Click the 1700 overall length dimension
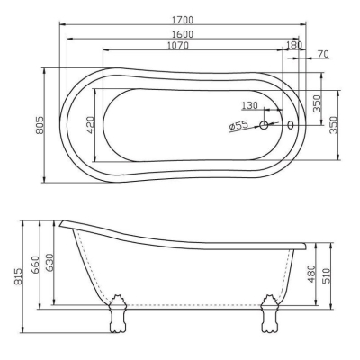(183, 20)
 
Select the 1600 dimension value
(183, 34)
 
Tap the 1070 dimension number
(178, 46)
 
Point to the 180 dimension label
(294, 45)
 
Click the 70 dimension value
(323, 54)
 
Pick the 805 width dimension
(40, 125)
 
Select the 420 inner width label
(90, 125)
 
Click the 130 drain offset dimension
(249, 105)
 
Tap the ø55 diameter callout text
(238, 125)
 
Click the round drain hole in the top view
(264, 125)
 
